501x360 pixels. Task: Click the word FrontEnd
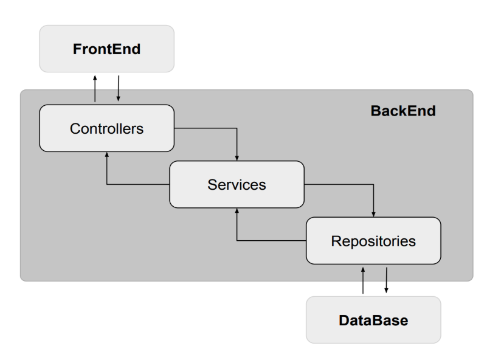point(106,49)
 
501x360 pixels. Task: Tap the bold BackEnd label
point(403,111)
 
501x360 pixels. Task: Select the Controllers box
point(106,128)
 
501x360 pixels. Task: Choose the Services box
point(237,184)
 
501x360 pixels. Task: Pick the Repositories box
point(373,241)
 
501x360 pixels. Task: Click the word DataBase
point(373,320)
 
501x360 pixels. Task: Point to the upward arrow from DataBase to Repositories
point(363,280)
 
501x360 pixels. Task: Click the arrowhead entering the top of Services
point(237,157)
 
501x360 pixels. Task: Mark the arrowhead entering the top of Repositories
point(373,214)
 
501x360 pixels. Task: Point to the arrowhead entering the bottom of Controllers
point(106,155)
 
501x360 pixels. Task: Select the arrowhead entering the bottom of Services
point(237,211)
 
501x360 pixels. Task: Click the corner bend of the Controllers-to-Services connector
point(237,128)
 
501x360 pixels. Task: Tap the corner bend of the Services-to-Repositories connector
point(373,184)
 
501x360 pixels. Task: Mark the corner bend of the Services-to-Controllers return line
point(106,184)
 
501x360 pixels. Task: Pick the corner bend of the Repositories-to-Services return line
point(237,241)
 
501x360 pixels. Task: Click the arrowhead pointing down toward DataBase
point(386,291)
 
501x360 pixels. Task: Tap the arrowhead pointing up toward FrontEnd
point(95,77)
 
